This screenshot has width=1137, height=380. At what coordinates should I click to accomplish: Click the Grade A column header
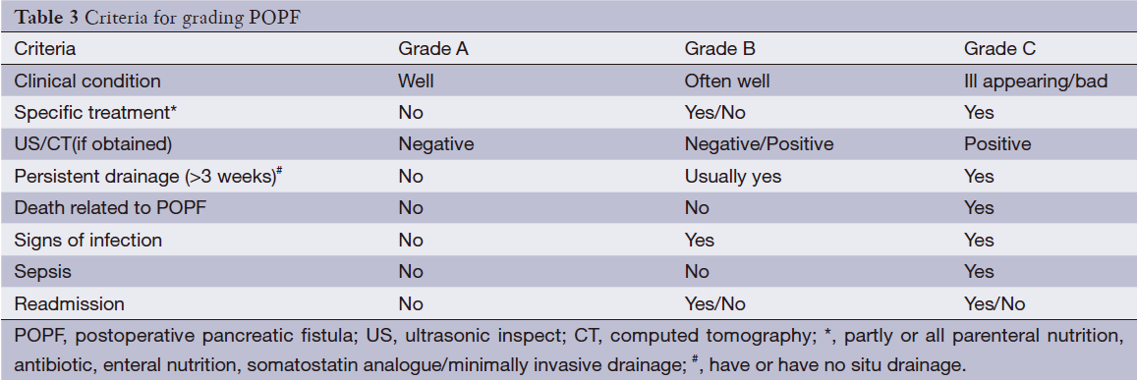431,47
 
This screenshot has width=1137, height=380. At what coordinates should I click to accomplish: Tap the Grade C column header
999,47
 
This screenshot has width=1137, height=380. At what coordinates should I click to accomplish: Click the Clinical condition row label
87,81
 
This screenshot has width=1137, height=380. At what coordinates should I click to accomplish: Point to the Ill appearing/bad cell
1036,81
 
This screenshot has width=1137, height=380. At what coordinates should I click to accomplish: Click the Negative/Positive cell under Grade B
759,144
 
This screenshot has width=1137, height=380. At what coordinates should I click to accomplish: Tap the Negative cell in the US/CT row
435,144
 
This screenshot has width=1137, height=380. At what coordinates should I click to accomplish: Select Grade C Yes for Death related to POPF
979,208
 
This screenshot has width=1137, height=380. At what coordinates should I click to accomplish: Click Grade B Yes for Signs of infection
699,241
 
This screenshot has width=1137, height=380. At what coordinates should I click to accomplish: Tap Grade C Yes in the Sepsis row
979,272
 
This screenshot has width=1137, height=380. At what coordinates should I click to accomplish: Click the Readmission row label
69,304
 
